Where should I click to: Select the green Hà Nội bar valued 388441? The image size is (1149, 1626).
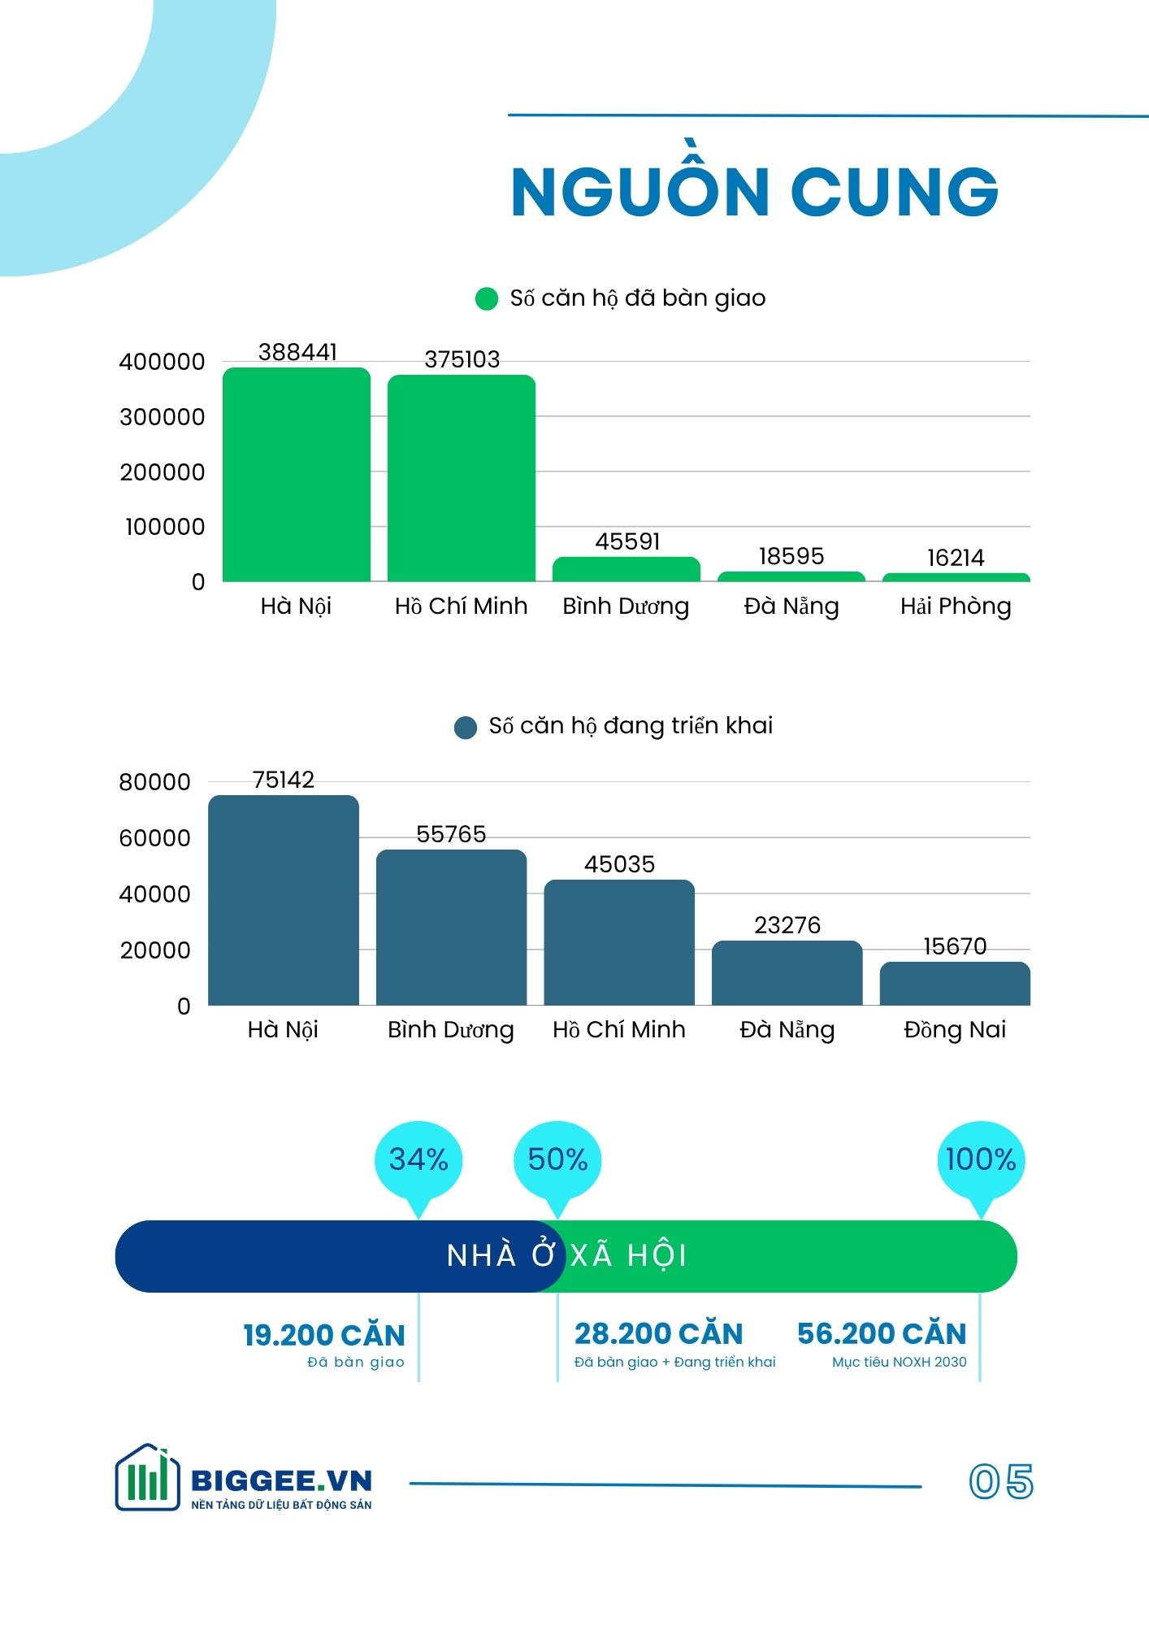click(297, 475)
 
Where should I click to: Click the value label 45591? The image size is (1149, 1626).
click(627, 541)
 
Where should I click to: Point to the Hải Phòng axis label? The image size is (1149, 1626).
click(956, 606)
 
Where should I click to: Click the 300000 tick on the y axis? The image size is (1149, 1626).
click(162, 417)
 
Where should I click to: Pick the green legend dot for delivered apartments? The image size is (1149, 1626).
click(486, 299)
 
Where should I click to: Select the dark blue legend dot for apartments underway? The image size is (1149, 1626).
click(465, 727)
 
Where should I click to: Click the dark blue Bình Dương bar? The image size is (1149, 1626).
click(451, 928)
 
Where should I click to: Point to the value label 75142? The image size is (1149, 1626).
click(283, 780)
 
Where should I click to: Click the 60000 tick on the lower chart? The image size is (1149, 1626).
click(154, 838)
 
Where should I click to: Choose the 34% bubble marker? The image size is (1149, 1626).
click(418, 1160)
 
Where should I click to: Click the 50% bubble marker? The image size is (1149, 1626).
click(557, 1160)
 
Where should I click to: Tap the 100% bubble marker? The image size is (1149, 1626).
click(981, 1160)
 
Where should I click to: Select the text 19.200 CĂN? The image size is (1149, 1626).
click(323, 1335)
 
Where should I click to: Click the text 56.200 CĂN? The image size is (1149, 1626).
click(882, 1333)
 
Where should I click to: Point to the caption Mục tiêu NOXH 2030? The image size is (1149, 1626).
click(899, 1362)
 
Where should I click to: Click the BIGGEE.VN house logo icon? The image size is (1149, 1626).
click(147, 1477)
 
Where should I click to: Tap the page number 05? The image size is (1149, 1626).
click(1001, 1480)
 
